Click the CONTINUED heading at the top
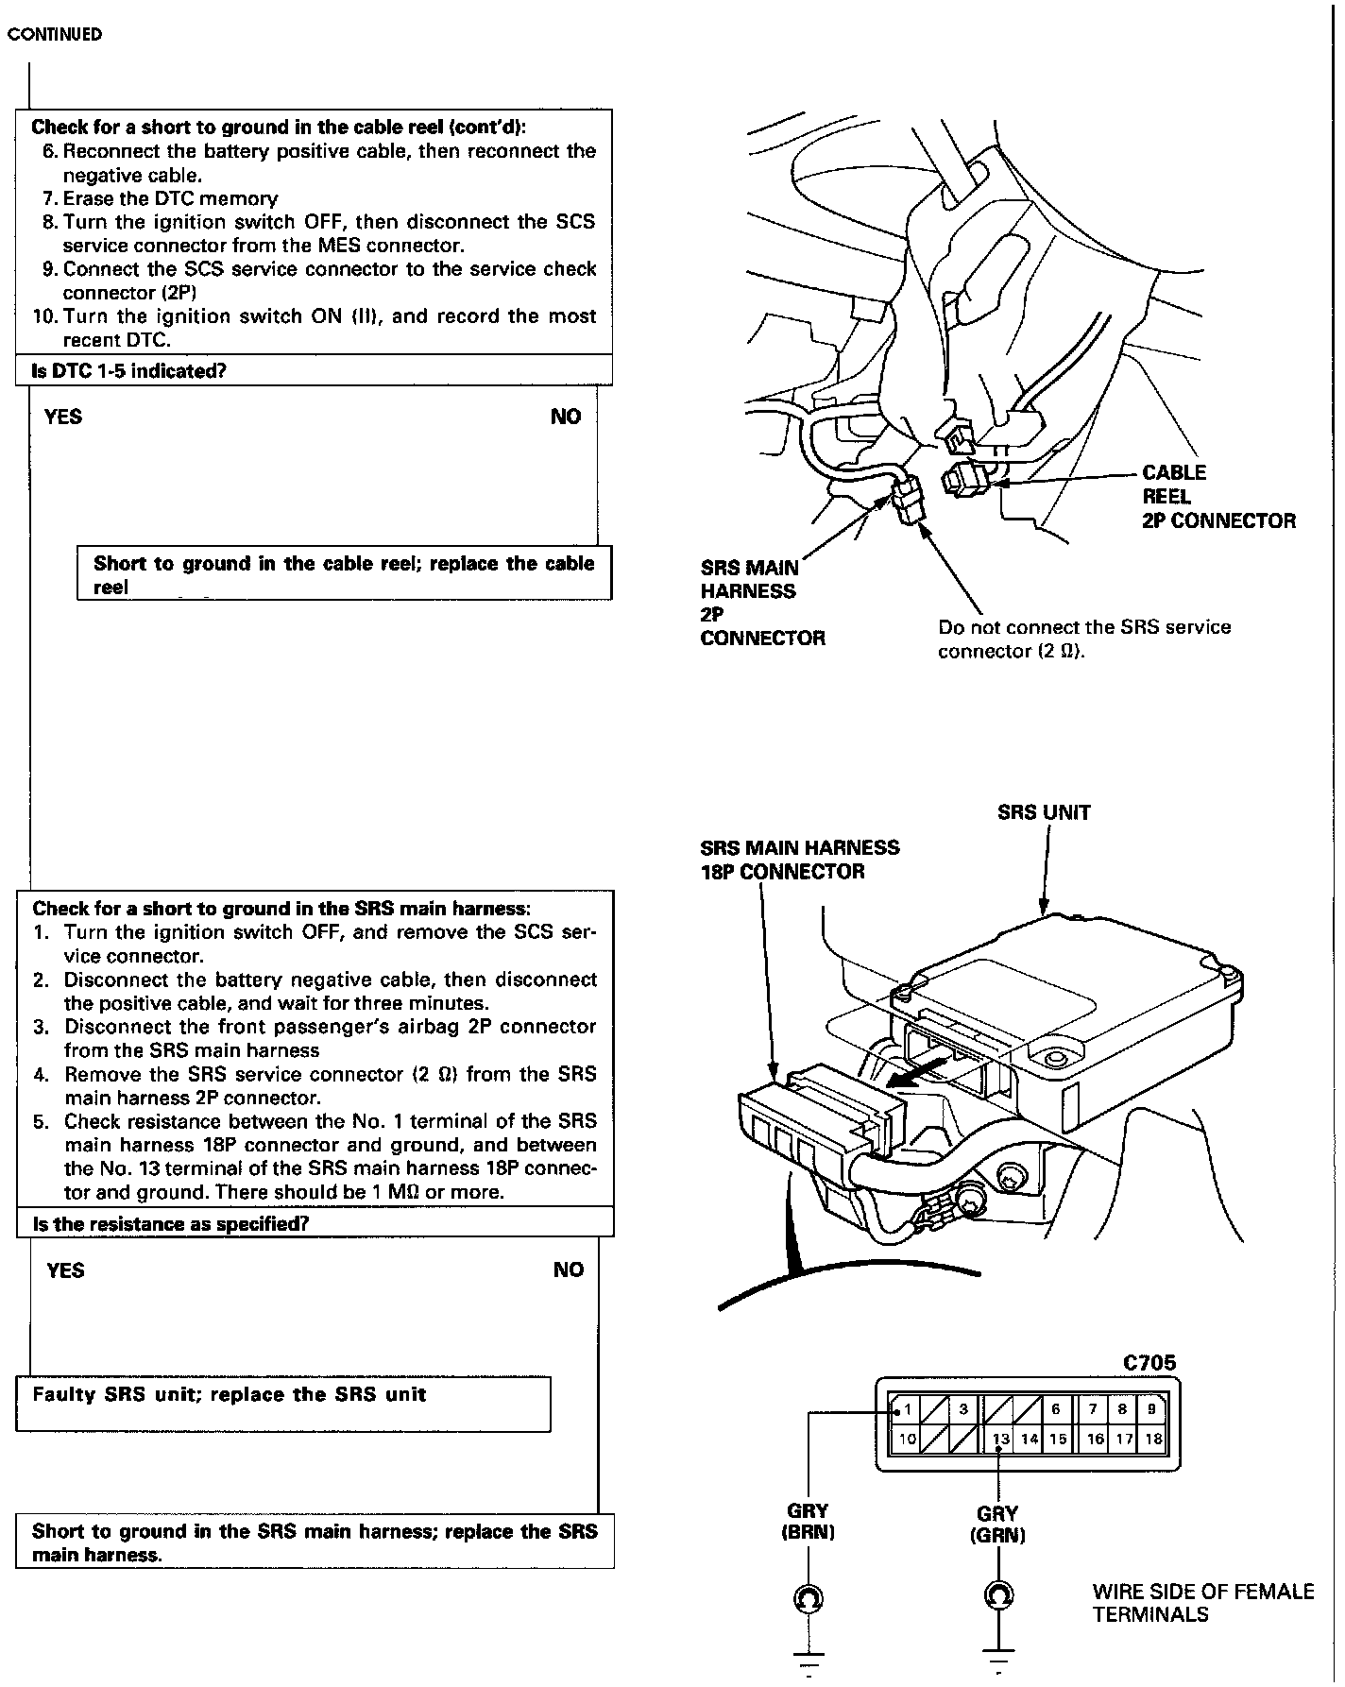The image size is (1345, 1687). tap(55, 35)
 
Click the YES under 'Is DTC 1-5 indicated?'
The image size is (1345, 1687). tap(63, 417)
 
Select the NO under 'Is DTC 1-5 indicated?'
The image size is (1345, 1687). tap(566, 417)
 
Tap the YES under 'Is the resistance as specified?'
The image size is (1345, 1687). tap(65, 1270)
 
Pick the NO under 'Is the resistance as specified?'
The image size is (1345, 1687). tap(569, 1270)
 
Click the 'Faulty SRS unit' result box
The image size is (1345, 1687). tap(283, 1404)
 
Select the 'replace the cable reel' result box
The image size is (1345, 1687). tap(344, 573)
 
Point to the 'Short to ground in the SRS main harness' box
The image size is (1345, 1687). tap(315, 1542)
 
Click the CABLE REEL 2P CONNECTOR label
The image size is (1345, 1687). tap(1218, 497)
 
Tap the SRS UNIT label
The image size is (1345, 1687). tap(1044, 812)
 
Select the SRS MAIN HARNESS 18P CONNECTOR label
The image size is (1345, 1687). tap(799, 860)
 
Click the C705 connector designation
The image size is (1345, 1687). tap(1149, 1363)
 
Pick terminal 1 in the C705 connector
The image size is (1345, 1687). tap(907, 1409)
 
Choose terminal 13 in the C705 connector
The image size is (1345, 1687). tap(1001, 1440)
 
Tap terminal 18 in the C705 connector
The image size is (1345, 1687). tap(1153, 1440)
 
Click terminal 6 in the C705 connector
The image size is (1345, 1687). tap(1056, 1409)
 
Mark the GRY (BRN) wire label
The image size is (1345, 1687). tap(808, 1523)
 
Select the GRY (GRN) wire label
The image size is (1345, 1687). tap(997, 1525)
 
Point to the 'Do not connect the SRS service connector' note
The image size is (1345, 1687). tap(1084, 639)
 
